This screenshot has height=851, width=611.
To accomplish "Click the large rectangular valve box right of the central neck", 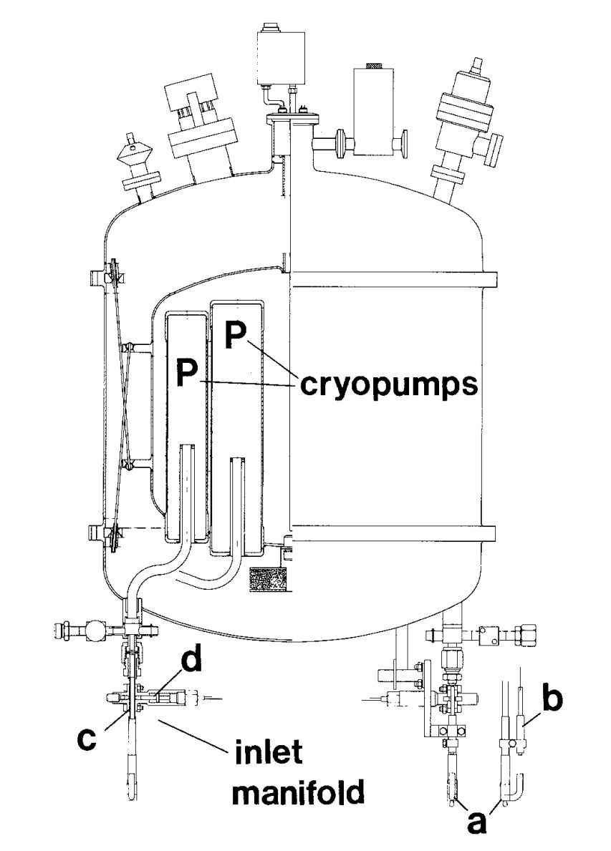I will point(370,112).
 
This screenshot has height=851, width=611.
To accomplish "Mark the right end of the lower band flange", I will point(493,533).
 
